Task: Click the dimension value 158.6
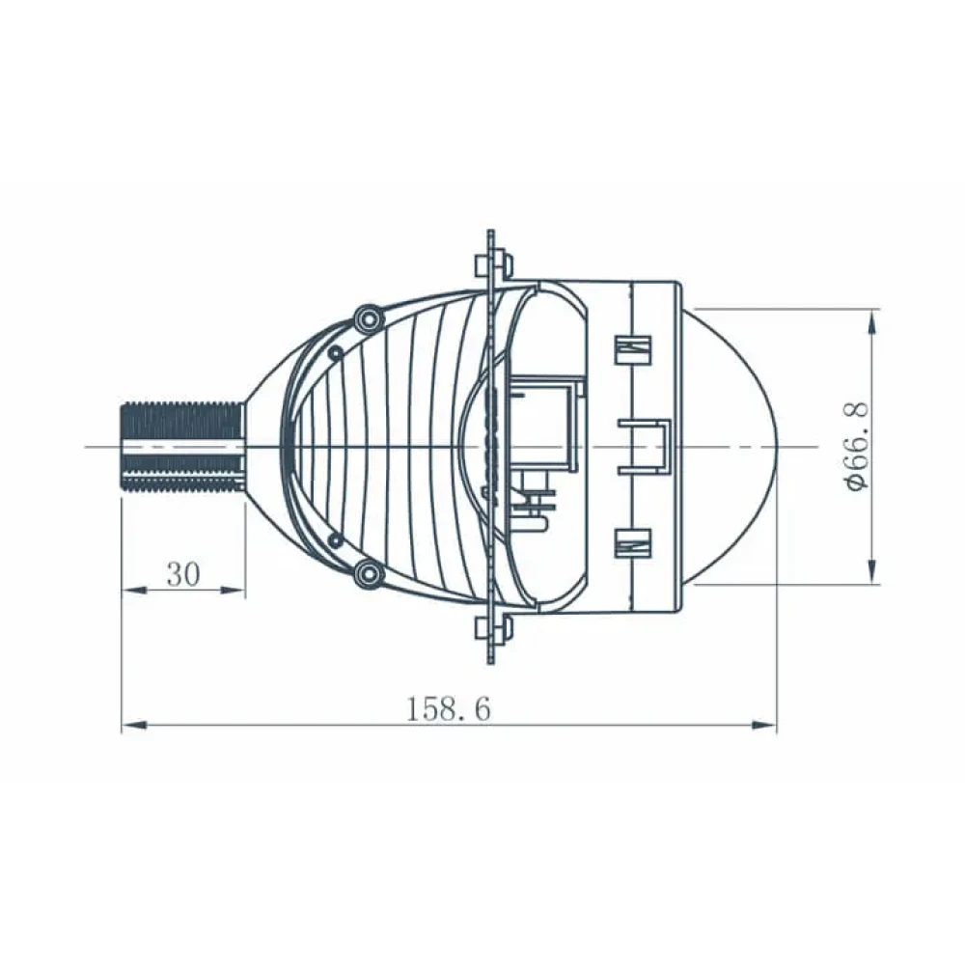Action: coord(449,708)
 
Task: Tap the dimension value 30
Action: coord(183,575)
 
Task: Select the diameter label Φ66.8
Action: coord(857,446)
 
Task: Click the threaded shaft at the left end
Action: coord(182,447)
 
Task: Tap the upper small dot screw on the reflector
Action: coord(336,353)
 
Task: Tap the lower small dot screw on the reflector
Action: coord(336,540)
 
